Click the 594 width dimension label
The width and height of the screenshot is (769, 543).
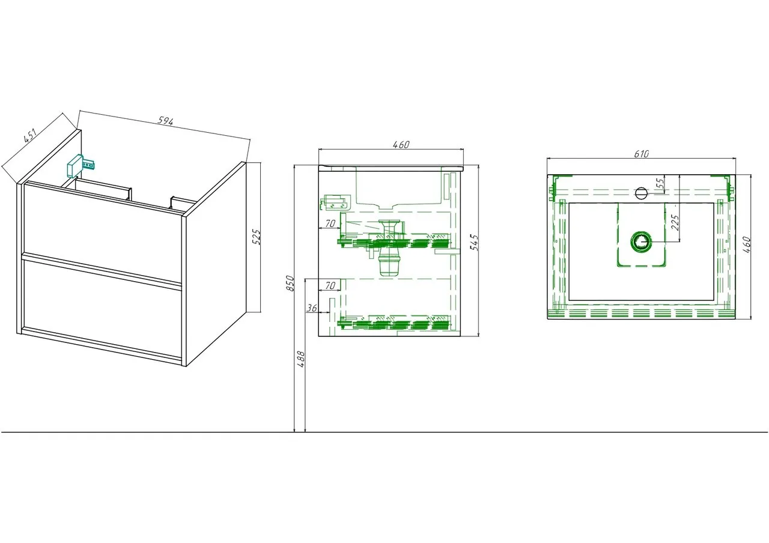click(165, 121)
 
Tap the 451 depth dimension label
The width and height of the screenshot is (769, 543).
click(29, 135)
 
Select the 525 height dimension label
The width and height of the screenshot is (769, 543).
click(257, 237)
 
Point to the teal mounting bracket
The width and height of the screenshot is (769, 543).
click(81, 166)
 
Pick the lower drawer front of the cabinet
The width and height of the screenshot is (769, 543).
click(102, 309)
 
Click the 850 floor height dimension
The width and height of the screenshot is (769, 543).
click(290, 283)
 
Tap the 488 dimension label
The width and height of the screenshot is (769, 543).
click(301, 359)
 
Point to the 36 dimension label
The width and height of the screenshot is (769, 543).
click(312, 308)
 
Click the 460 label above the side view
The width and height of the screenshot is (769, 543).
click(401, 145)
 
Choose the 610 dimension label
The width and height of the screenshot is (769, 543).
click(641, 154)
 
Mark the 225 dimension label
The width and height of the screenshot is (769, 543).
click(675, 222)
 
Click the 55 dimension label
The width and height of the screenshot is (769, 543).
click(660, 183)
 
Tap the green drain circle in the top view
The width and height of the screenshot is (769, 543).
click(640, 242)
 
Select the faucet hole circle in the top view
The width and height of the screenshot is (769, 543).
click(641, 193)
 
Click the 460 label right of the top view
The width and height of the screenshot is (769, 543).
click(747, 244)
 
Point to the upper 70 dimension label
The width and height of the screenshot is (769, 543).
click(330, 223)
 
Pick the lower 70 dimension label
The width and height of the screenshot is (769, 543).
click(330, 285)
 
